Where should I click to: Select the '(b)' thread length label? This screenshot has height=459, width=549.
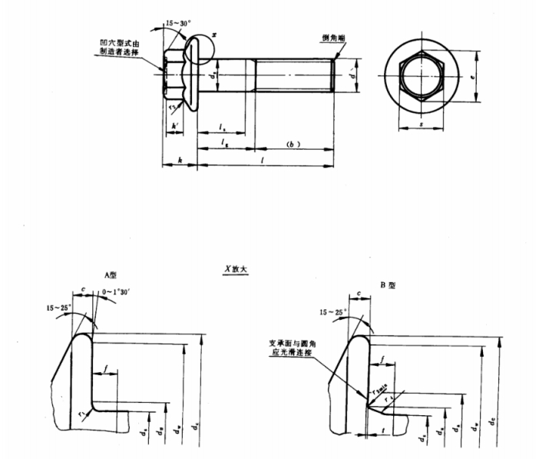tap(291, 144)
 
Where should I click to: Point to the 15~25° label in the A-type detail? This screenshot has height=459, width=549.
tap(58, 308)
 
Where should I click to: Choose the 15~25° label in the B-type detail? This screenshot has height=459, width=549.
tap(332, 312)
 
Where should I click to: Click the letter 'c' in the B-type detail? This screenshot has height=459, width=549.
tap(359, 293)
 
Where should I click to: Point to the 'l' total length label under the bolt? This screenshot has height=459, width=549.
tap(263, 159)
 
